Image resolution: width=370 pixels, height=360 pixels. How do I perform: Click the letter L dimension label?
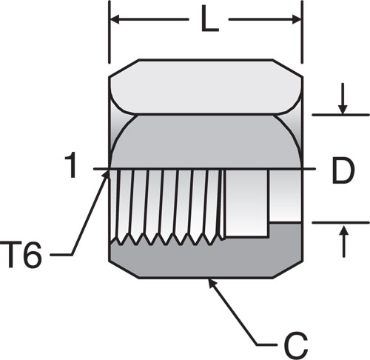coord(210,19)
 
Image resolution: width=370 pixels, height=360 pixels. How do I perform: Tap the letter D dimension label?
coord(343,170)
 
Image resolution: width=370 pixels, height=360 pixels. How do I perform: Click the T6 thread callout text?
coord(21,255)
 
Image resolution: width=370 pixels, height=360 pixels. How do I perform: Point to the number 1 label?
coord(70,164)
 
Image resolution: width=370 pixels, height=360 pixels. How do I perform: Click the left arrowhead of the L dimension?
coord(115,19)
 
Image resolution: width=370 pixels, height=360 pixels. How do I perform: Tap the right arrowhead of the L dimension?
coord(297,19)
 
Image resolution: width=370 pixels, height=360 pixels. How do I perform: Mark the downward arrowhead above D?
coord(343,110)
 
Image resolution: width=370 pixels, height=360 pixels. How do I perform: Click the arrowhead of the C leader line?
coord(212,283)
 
